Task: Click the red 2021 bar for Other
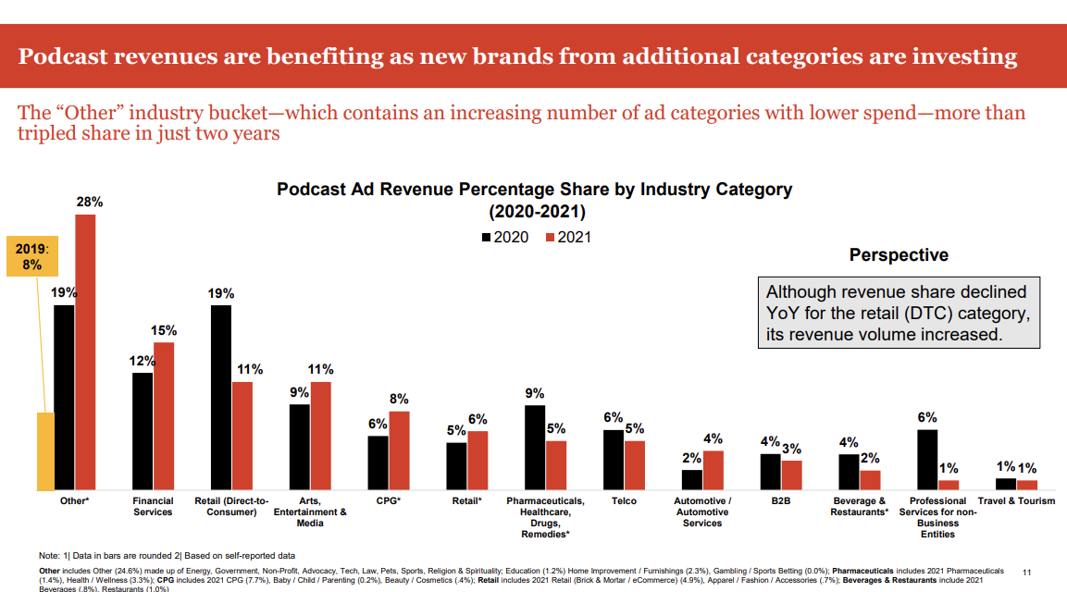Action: [85, 351]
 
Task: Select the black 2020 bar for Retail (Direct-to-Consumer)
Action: [220, 397]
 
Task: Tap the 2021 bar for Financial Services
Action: [164, 415]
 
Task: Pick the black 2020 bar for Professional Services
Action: [927, 459]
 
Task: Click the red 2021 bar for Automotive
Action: [713, 470]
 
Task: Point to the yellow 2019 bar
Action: [45, 450]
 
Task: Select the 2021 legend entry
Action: [568, 237]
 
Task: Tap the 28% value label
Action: [89, 201]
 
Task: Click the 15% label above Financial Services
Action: [164, 330]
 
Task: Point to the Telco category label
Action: [624, 501]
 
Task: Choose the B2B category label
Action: [780, 501]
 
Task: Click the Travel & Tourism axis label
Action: [1016, 501]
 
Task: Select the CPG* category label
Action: [388, 501]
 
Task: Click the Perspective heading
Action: [899, 255]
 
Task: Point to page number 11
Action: [1026, 573]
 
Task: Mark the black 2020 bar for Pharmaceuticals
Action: [535, 447]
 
